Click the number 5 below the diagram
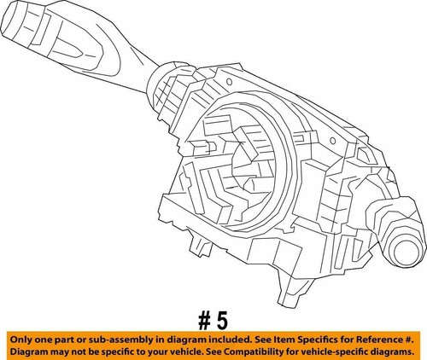(222, 321)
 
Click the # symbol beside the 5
(204, 321)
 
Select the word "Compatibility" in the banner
(254, 352)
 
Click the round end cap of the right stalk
(407, 253)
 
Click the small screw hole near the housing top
(229, 82)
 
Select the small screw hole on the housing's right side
(332, 141)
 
